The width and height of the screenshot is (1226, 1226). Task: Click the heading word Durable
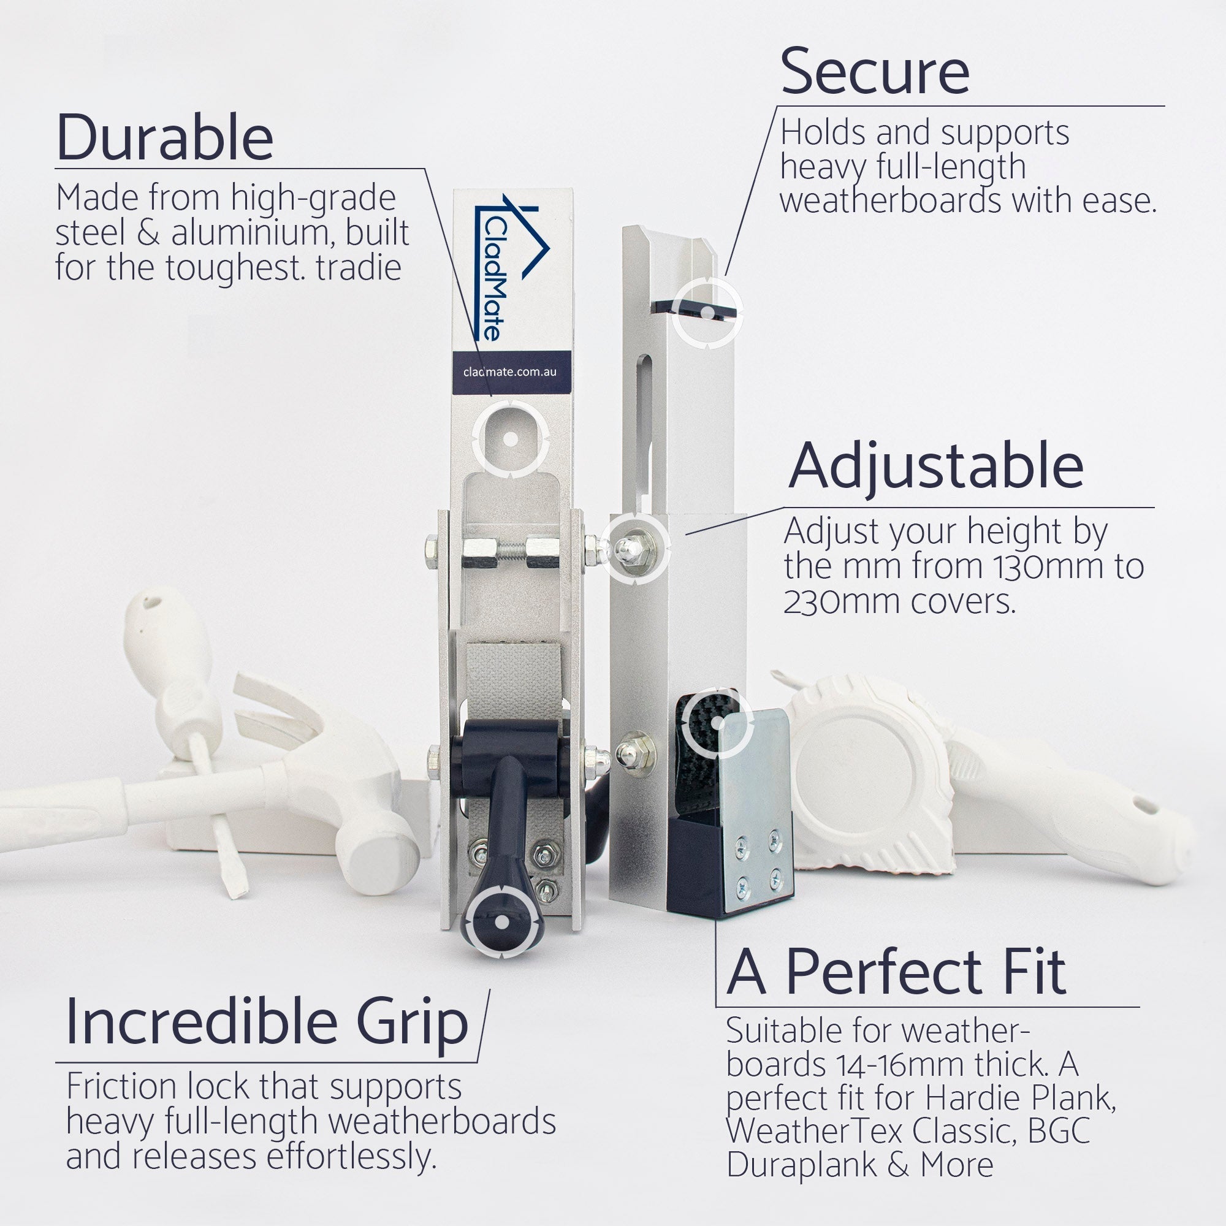(x=165, y=137)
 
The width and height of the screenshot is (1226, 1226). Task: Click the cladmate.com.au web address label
(x=509, y=372)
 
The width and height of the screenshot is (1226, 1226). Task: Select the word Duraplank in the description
(x=806, y=1165)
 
